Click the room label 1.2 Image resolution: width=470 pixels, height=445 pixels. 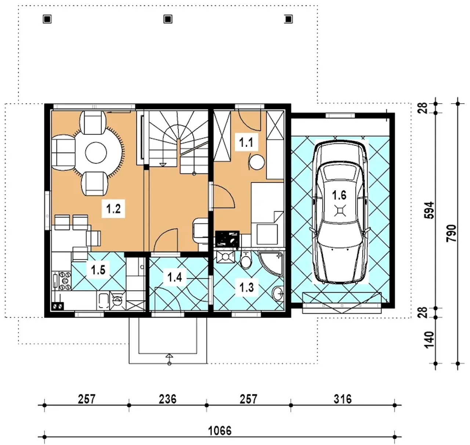coord(113,209)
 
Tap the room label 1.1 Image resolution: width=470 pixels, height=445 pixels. coord(246,143)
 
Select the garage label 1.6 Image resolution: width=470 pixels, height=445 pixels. coord(339,195)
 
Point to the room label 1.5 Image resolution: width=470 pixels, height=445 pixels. coord(98,270)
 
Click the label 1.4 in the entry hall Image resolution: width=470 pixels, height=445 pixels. coord(174,277)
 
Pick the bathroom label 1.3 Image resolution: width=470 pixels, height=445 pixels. coord(246,287)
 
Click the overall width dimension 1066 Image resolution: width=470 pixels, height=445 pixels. coord(220,431)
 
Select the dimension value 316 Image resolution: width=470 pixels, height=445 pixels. coord(343,399)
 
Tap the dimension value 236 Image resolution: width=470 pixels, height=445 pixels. coord(167,399)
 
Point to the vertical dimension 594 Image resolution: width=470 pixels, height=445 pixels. coord(429,210)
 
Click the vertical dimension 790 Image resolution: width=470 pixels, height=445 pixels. coord(451,233)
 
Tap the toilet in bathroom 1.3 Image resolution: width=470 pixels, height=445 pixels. coord(246,260)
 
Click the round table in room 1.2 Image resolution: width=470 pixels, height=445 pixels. coord(96,153)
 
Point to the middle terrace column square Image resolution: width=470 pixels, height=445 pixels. coord(168,19)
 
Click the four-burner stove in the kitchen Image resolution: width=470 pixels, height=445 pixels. coord(65,281)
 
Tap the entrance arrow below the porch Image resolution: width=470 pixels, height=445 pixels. coord(169,359)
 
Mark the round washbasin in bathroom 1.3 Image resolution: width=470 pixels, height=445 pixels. coord(278,293)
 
